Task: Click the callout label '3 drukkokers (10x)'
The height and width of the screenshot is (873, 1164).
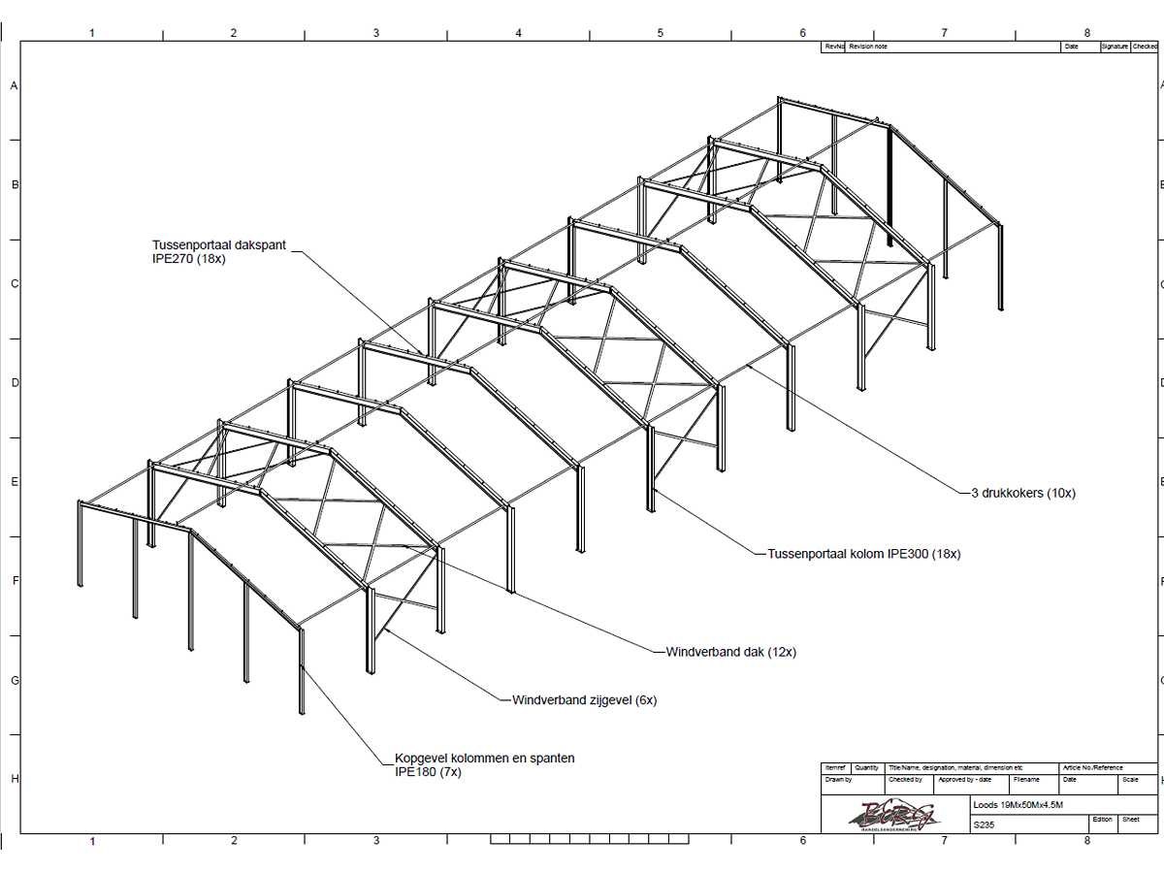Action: click(x=1022, y=493)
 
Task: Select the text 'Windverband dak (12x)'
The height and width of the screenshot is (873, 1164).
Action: click(x=730, y=652)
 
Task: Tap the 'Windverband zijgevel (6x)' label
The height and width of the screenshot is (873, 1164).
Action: click(x=584, y=699)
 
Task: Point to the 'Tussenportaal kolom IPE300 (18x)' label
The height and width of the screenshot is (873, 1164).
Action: click(x=863, y=554)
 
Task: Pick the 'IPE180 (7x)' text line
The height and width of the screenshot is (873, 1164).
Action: click(x=428, y=772)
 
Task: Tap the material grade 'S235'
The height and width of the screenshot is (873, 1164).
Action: click(x=984, y=825)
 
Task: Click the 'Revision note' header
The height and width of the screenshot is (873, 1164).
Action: click(x=868, y=47)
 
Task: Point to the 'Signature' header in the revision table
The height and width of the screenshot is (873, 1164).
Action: click(x=1115, y=47)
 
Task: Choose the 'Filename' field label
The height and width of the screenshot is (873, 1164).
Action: click(x=1026, y=779)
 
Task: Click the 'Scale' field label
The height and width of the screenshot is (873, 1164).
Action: click(x=1130, y=779)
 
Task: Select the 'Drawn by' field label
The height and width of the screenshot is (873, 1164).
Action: click(x=838, y=779)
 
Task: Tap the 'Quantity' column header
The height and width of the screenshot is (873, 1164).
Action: click(x=866, y=767)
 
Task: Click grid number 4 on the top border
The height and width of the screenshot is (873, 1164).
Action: click(x=518, y=33)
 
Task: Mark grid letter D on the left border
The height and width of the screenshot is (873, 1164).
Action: click(x=15, y=383)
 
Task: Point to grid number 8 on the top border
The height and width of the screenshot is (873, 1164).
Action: click(x=1086, y=33)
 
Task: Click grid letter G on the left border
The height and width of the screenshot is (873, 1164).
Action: click(x=15, y=680)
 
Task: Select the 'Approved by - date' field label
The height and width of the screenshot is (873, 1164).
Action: click(x=964, y=779)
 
